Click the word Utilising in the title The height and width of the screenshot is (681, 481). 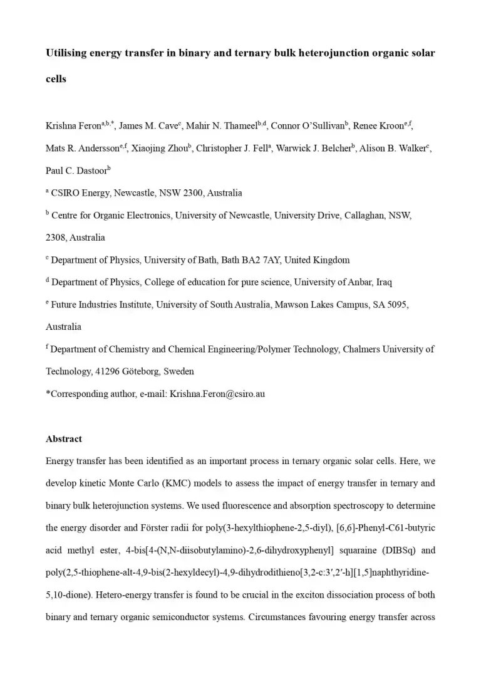[68, 53]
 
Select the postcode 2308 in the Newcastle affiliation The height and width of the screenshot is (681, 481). [56, 238]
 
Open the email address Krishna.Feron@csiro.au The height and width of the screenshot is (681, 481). [217, 394]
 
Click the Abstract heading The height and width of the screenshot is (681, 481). [64, 439]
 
